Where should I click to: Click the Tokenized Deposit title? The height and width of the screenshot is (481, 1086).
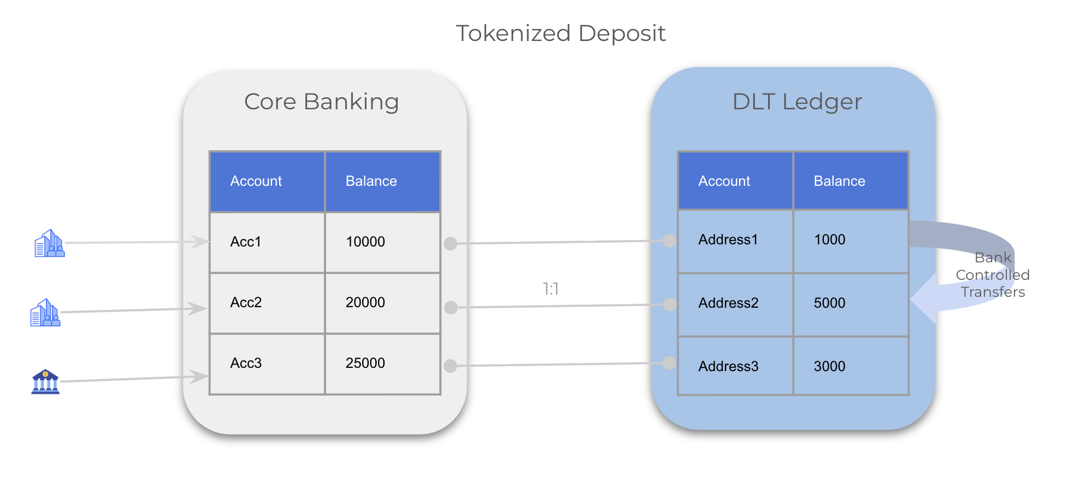click(560, 33)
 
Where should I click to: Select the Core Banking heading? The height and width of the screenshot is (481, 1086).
click(321, 102)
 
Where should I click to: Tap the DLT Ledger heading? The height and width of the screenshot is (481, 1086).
click(797, 102)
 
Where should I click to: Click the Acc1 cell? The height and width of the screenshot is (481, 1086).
click(267, 242)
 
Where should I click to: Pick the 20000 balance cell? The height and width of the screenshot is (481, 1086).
click(383, 303)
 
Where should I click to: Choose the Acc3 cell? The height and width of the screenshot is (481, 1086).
click(267, 363)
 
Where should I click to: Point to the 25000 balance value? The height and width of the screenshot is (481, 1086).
click(365, 363)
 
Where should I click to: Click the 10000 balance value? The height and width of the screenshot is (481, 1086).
click(365, 242)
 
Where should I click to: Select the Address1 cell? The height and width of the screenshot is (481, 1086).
click(735, 241)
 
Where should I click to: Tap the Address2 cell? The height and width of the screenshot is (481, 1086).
click(735, 304)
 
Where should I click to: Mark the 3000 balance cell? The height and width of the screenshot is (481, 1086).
click(851, 366)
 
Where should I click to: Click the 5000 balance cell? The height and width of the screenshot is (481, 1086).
click(851, 304)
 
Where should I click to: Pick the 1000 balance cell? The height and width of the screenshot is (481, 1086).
click(851, 241)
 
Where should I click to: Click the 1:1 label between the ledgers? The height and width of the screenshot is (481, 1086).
click(551, 289)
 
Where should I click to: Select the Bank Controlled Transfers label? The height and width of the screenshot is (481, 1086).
click(993, 274)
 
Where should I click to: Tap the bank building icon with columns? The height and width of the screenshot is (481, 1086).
click(45, 382)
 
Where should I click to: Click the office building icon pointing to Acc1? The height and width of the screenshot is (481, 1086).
click(50, 243)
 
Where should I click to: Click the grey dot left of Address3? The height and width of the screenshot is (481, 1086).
click(669, 362)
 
